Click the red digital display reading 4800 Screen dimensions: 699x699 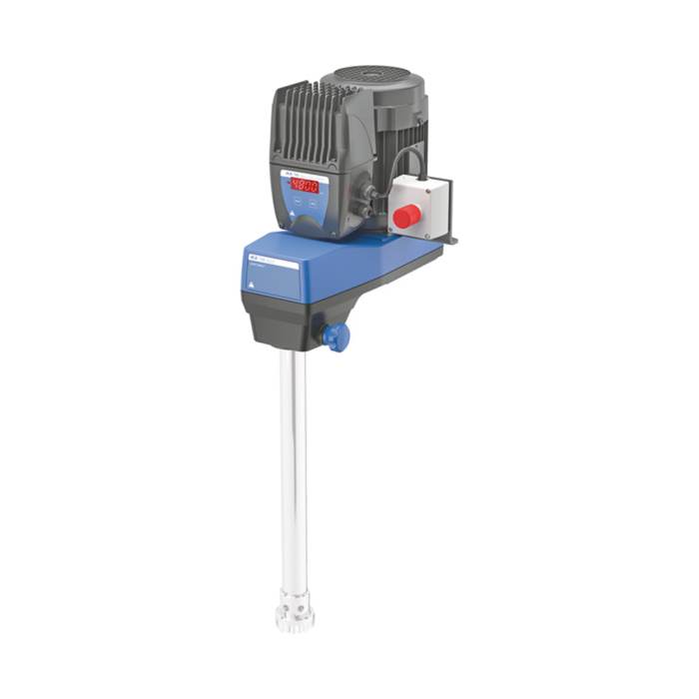pyautogui.click(x=306, y=186)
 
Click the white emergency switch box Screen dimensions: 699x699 pyautogui.click(x=419, y=206)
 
